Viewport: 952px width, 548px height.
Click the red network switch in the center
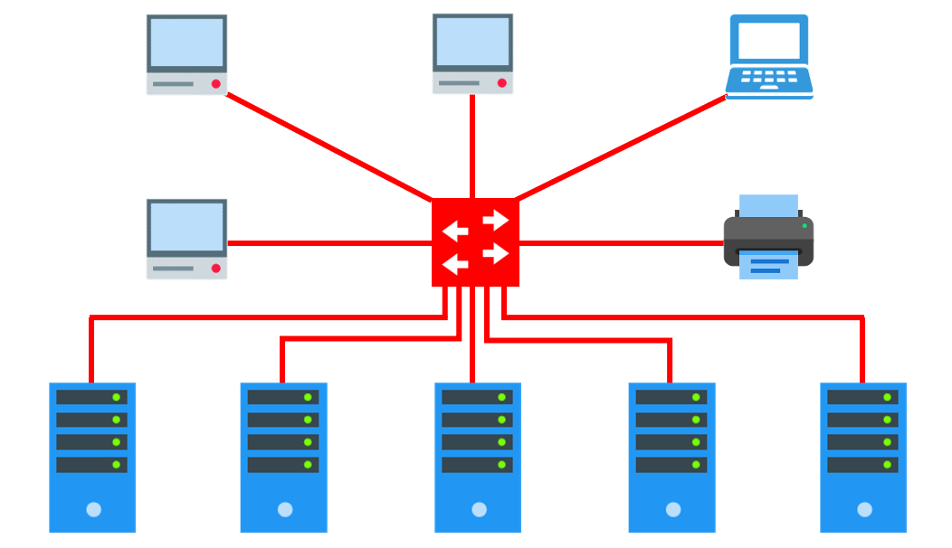[475, 242]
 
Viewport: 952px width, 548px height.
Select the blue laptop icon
[769, 55]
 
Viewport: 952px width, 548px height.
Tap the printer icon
[768, 238]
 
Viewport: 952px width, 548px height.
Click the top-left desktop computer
[186, 54]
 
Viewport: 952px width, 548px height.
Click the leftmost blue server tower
[92, 458]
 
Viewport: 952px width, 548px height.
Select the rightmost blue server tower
[863, 458]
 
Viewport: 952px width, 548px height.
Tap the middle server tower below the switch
[478, 458]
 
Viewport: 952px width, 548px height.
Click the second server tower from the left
[283, 458]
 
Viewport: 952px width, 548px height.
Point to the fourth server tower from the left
[671, 458]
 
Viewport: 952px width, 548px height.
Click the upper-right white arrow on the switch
[495, 220]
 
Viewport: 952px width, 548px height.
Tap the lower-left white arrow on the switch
[455, 264]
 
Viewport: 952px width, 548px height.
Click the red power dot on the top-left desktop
[216, 84]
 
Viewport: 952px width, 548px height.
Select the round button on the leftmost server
[93, 509]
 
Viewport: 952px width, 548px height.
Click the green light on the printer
[804, 225]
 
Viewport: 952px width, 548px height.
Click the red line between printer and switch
[621, 242]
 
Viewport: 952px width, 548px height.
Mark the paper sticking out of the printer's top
[768, 205]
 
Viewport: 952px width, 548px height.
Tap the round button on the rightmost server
[864, 509]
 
